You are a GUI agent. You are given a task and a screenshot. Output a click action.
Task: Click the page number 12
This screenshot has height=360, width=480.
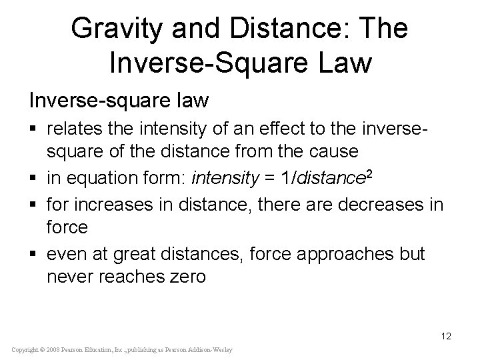tap(446, 336)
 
